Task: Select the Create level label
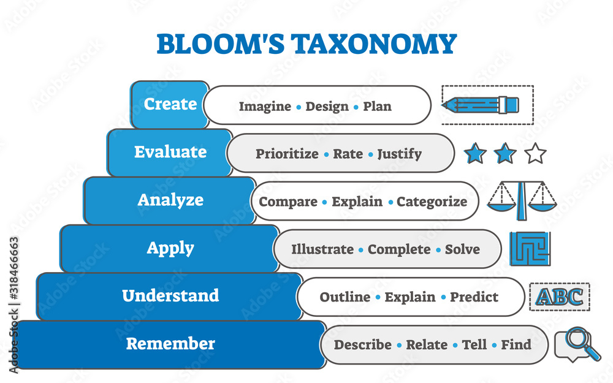coord(170,104)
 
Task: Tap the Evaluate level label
coord(170,152)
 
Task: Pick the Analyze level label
coord(170,200)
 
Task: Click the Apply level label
coord(170,248)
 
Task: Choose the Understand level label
coord(170,296)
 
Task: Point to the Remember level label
coord(170,344)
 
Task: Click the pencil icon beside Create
coord(482,105)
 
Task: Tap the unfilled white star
coord(535,153)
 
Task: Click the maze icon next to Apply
coord(530,248)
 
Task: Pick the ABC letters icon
coord(559,297)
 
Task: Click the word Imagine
coord(265,106)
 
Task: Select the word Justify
coord(399,154)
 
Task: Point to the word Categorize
coord(432,202)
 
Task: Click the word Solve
coord(462,249)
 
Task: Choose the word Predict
coord(474,297)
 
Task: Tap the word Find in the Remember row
coord(516,345)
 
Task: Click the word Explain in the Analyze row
coord(357,202)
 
